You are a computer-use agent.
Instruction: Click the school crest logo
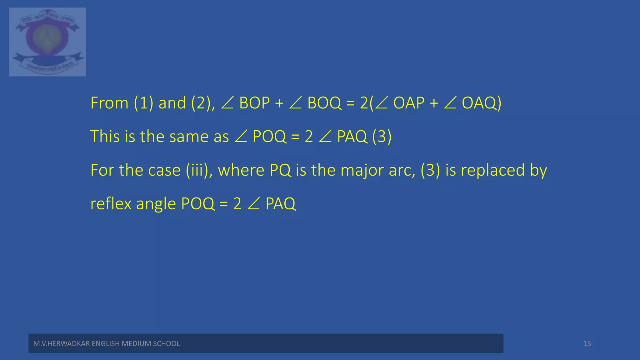(x=47, y=42)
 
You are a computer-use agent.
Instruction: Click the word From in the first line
(x=109, y=103)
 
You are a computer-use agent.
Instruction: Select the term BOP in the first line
(x=254, y=103)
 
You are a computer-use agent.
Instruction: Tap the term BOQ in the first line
(x=324, y=103)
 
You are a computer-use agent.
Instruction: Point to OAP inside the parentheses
(x=409, y=103)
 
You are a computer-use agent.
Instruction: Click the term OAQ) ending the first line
(x=481, y=103)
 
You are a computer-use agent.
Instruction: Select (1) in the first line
(x=143, y=103)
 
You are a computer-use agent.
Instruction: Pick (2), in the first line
(x=203, y=103)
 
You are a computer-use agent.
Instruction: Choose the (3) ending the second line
(x=382, y=137)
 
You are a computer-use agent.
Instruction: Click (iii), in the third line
(x=199, y=170)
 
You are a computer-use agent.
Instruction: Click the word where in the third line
(x=241, y=170)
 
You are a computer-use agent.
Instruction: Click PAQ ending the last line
(x=280, y=204)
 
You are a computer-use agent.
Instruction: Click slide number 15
(x=587, y=343)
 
